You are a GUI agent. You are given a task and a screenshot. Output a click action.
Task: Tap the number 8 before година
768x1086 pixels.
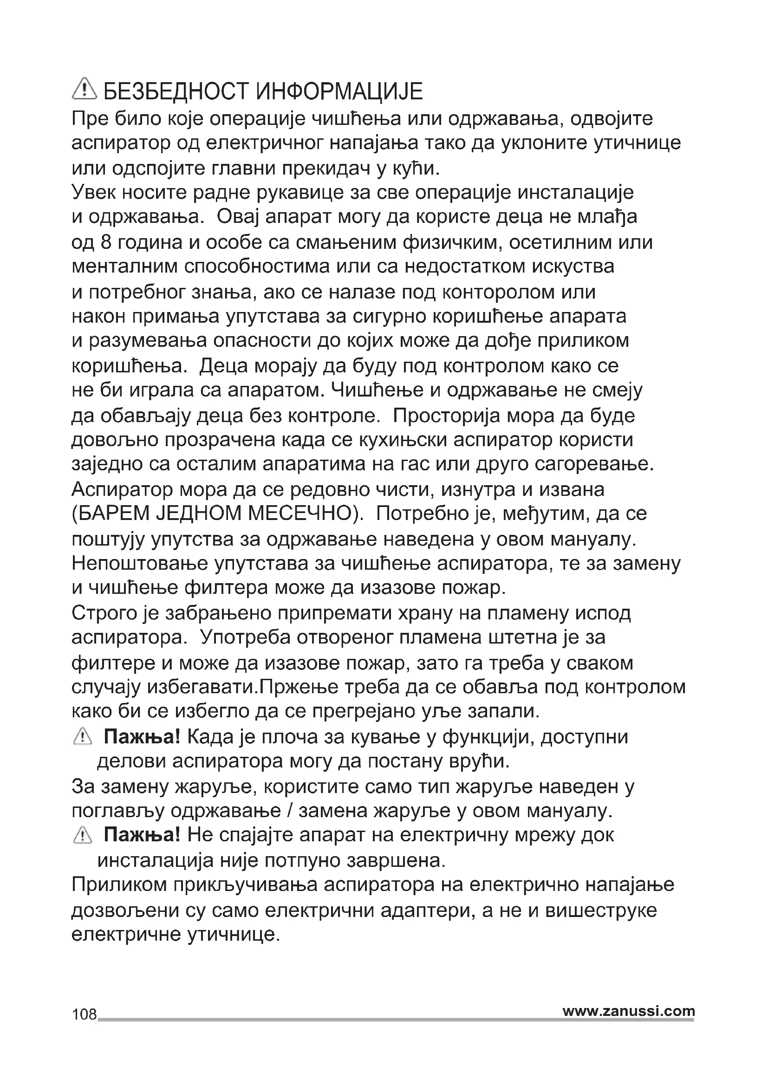pyautogui.click(x=105, y=242)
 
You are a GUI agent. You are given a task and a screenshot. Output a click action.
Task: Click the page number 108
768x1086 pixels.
pyautogui.click(x=84, y=1014)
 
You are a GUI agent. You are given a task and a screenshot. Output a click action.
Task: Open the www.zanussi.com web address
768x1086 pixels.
pyautogui.click(x=629, y=1011)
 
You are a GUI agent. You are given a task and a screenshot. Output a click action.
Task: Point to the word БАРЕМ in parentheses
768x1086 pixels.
pyautogui.click(x=112, y=514)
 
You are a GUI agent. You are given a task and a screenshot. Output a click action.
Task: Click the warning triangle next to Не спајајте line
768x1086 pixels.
pyautogui.click(x=83, y=835)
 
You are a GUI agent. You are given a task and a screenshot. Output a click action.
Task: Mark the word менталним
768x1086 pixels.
pyautogui.click(x=124, y=267)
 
